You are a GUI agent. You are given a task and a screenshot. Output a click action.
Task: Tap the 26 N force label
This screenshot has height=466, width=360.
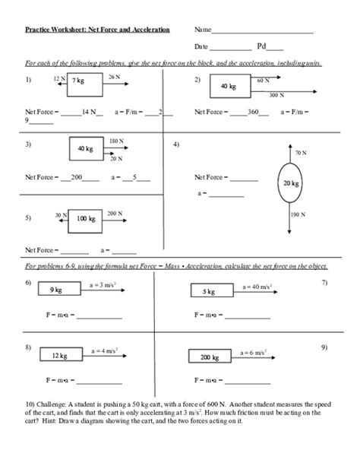[x=114, y=78]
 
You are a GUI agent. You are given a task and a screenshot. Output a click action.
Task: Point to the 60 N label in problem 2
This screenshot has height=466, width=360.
[x=264, y=80]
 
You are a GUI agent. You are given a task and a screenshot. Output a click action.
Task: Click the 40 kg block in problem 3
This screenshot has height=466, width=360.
[x=85, y=149]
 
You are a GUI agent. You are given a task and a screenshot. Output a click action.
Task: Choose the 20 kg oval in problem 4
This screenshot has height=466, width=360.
[x=290, y=183]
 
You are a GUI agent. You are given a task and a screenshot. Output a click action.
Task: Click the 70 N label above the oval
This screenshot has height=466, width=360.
[x=300, y=152]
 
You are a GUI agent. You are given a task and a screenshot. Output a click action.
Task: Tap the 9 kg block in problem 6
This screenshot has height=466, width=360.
[x=57, y=290]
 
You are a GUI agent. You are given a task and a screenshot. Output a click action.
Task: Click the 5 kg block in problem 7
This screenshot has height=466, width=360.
[x=207, y=290]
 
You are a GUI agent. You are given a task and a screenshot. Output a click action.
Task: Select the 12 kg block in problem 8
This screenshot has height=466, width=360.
[x=60, y=355]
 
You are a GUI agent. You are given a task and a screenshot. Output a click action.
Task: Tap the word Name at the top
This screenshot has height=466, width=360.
[x=202, y=30]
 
